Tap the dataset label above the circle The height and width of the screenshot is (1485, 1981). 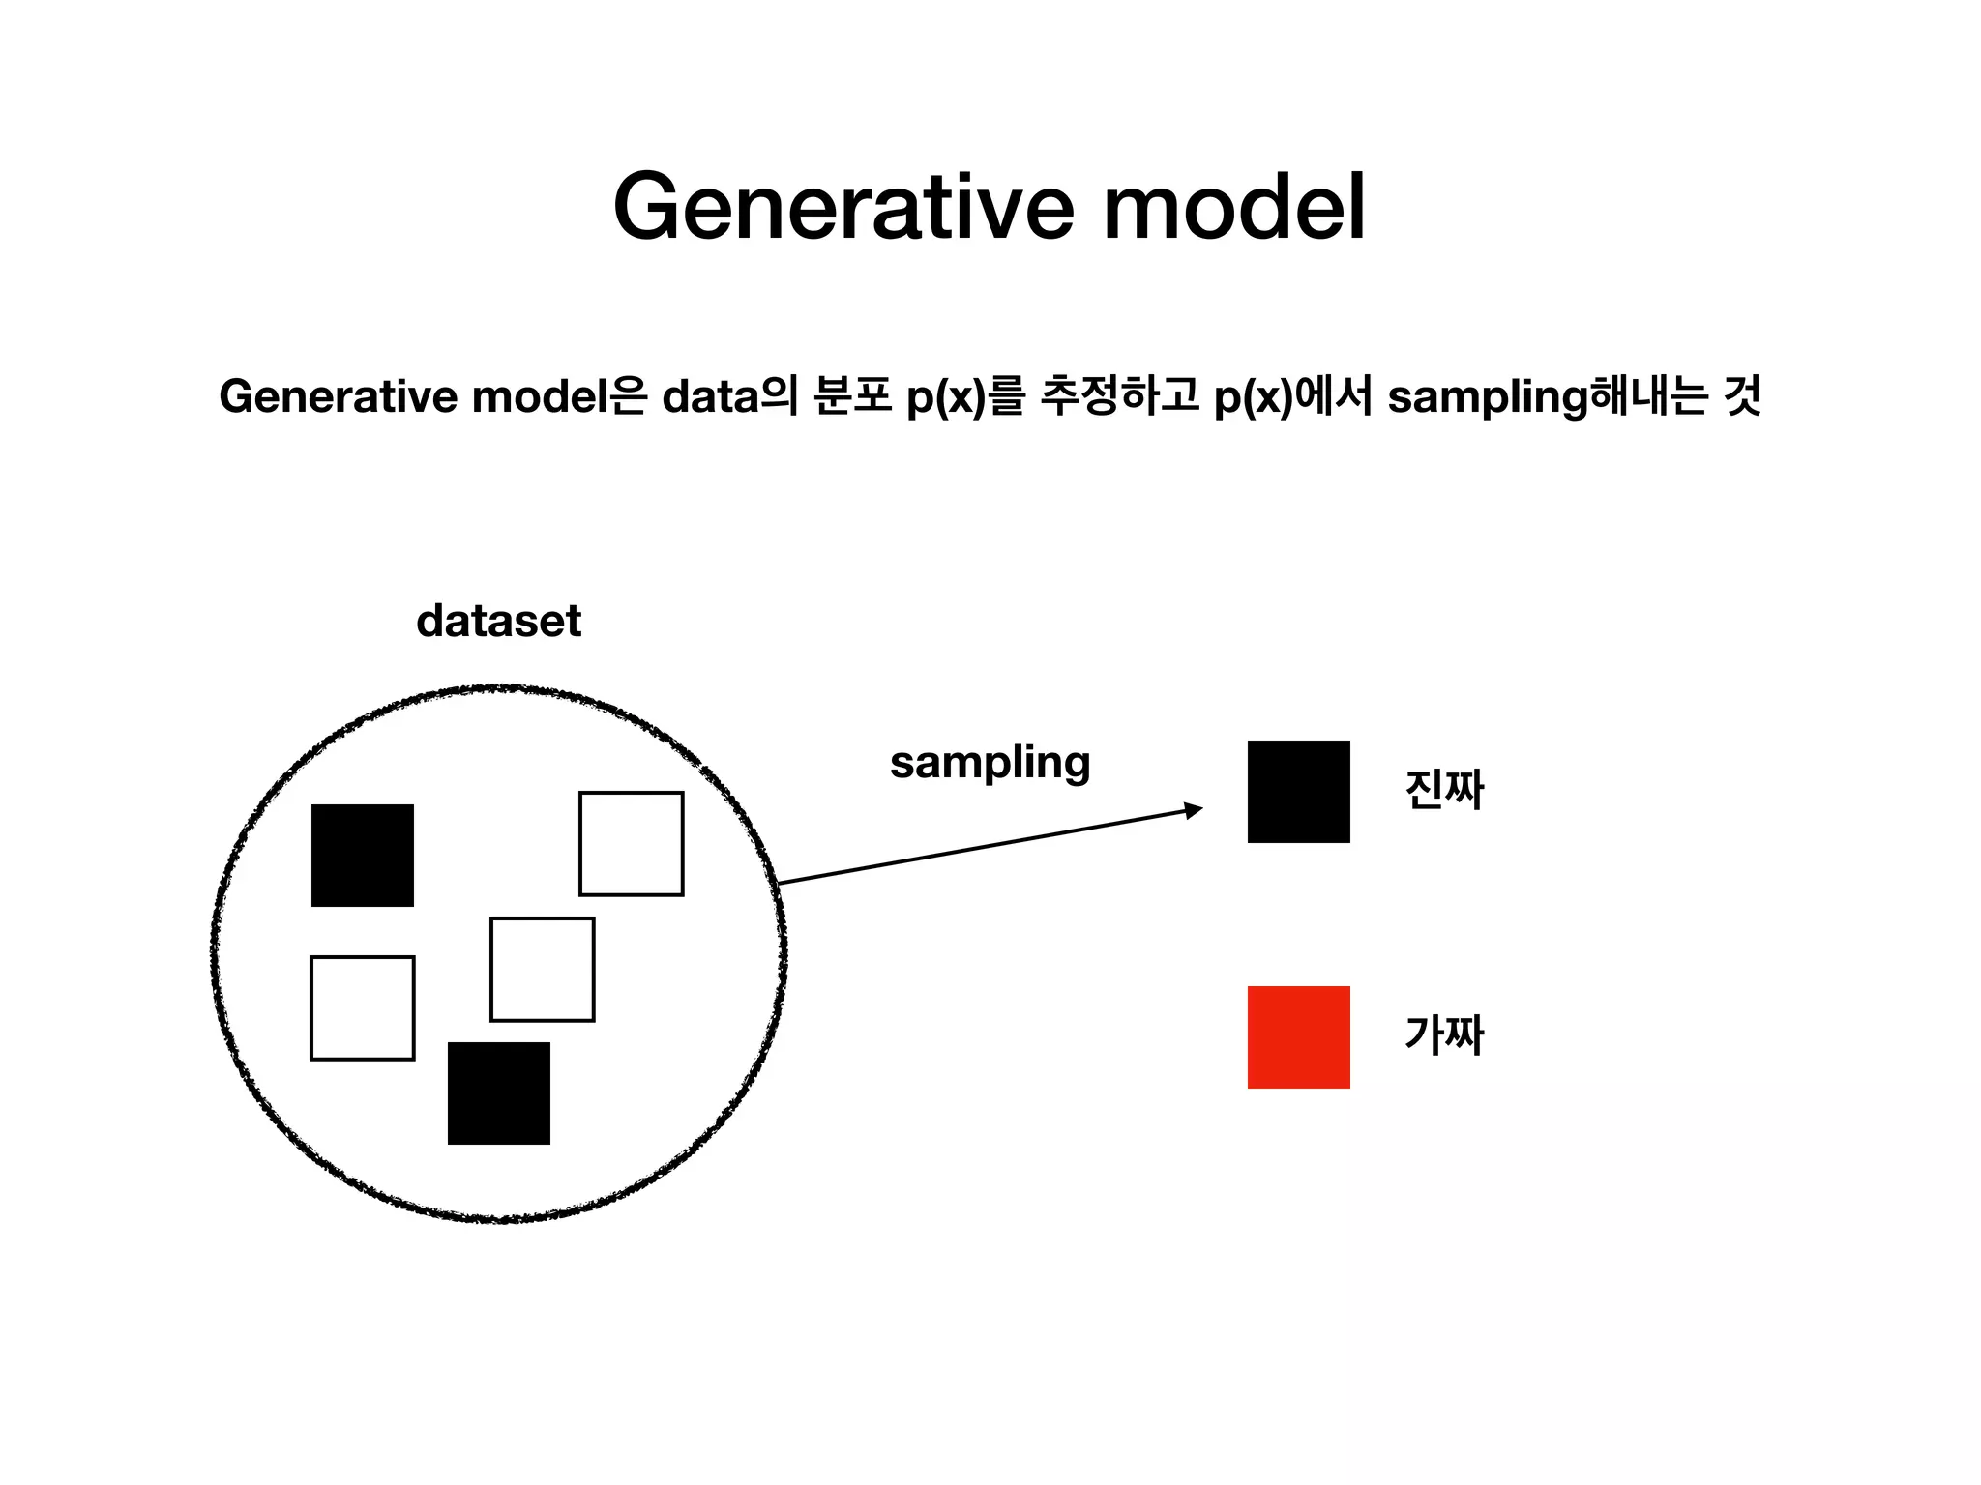pyautogui.click(x=498, y=621)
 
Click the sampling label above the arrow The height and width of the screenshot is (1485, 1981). pyautogui.click(x=990, y=763)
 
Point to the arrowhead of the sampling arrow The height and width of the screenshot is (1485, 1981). pyautogui.click(x=1196, y=810)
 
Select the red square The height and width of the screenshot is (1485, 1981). pyautogui.click(x=1298, y=1037)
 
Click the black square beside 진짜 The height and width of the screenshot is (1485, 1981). pyautogui.click(x=1298, y=792)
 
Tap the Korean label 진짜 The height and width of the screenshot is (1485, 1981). pyautogui.click(x=1444, y=790)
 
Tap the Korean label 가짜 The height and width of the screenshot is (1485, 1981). pyautogui.click(x=1444, y=1035)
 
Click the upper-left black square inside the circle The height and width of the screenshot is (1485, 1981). pyautogui.click(x=363, y=856)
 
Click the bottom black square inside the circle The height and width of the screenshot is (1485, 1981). pyautogui.click(x=499, y=1093)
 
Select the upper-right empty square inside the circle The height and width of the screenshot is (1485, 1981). pyautogui.click(x=632, y=844)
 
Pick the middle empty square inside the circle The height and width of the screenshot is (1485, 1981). pyautogui.click(x=543, y=970)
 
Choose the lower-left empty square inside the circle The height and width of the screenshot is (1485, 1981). pyautogui.click(x=363, y=1008)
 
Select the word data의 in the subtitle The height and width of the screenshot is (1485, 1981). pyautogui.click(x=729, y=397)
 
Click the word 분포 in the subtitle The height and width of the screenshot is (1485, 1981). pyautogui.click(x=852, y=397)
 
